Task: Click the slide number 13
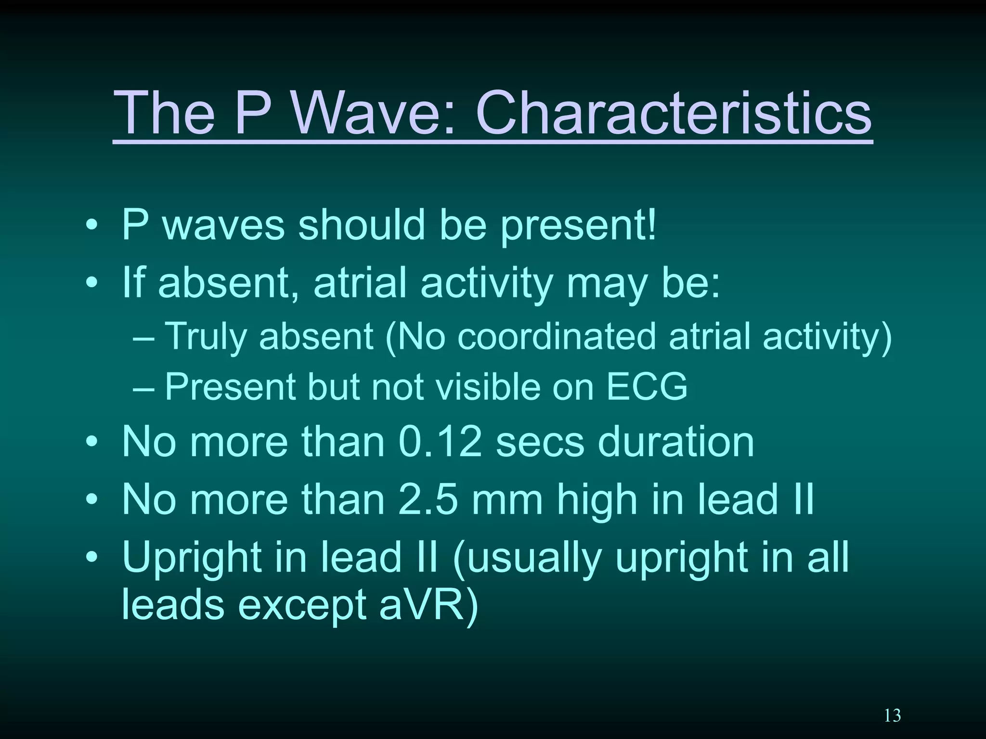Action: pos(892,716)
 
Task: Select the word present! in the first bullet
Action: pos(578,226)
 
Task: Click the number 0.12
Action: pos(440,442)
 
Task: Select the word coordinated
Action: pos(556,336)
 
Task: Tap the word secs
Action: pos(540,442)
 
